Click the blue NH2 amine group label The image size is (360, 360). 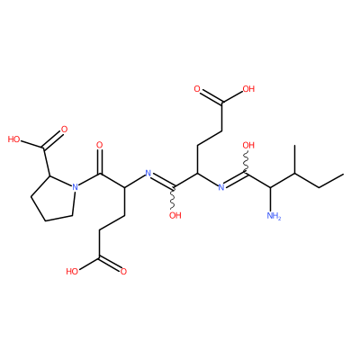[274, 215]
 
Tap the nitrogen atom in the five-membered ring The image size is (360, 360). [75, 187]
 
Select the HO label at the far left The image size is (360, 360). [13, 139]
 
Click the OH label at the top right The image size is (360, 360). [248, 89]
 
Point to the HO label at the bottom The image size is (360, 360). [72, 272]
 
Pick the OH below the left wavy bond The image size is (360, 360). [175, 215]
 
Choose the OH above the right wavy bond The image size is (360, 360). [248, 146]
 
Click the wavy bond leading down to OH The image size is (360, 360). [174, 199]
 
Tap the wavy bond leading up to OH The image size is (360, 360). [247, 162]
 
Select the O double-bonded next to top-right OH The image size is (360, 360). [197, 89]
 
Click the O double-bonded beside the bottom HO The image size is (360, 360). [123, 272]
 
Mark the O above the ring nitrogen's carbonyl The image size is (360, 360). [100, 145]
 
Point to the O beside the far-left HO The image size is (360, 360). [64, 130]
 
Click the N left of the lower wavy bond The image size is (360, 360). [148, 173]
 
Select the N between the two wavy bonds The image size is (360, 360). [221, 187]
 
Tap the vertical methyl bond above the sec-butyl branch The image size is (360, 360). [295, 159]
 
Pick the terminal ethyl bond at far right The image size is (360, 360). [331, 181]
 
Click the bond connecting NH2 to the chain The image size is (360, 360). [271, 199]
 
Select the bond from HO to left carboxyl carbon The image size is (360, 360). [32, 144]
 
